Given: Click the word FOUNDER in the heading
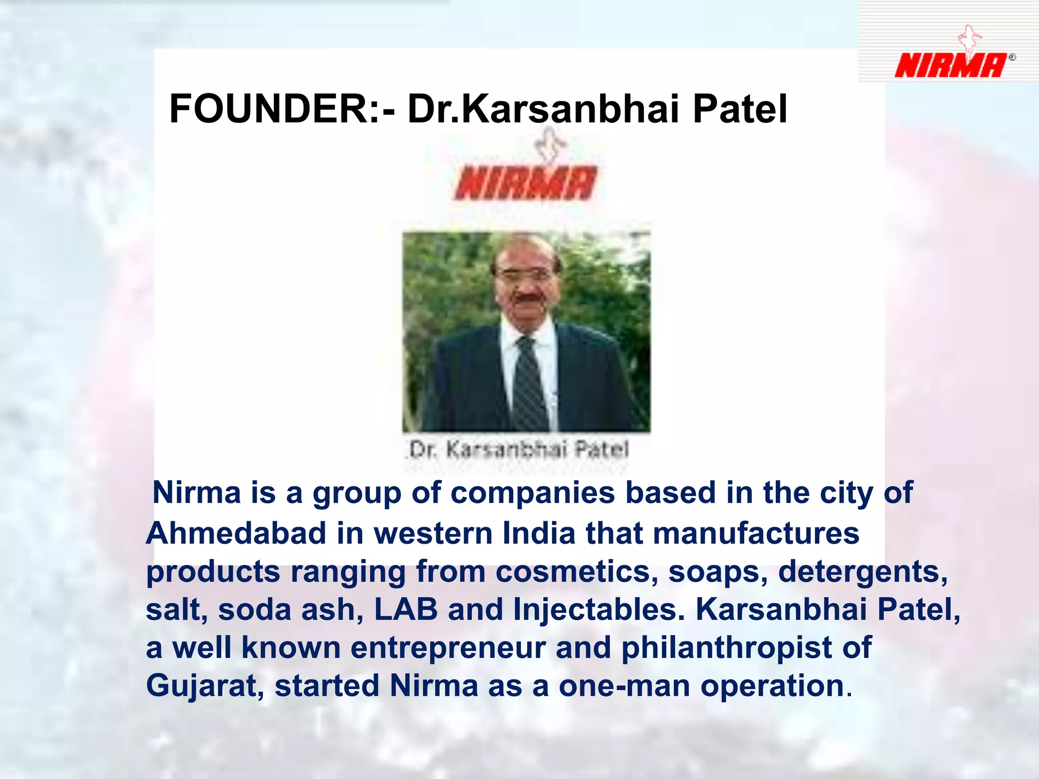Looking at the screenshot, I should tap(269, 109).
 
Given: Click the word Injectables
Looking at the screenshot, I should tap(599, 609).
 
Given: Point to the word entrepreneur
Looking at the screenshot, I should tap(448, 648).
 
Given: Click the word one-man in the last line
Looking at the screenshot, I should tap(624, 686).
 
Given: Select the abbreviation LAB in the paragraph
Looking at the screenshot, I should tap(406, 609).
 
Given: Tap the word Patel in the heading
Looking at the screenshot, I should tap(740, 109).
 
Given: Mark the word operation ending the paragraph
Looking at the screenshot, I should tap(772, 686).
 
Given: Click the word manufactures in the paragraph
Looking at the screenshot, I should tap(756, 534).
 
